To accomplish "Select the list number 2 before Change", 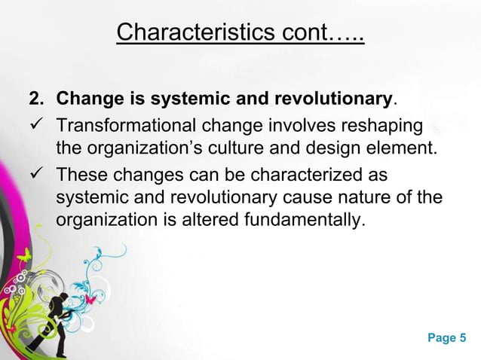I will [35, 99].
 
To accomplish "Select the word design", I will [343, 146].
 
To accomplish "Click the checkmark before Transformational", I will [35, 123].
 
